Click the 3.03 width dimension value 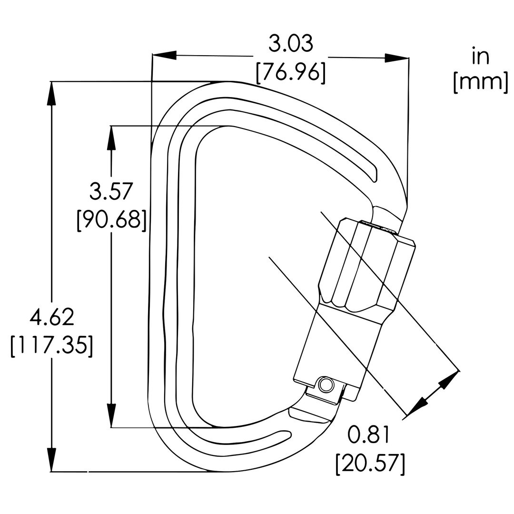pos(290,43)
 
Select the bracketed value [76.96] pos(291,72)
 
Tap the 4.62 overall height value pos(51,317)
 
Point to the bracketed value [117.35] pos(51,346)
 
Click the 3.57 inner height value pos(111,192)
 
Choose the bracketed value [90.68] pos(111,220)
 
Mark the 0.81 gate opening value pos(369,435)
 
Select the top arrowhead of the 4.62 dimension pos(51,93)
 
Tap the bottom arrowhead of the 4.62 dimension pos(51,460)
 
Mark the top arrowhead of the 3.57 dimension pos(111,138)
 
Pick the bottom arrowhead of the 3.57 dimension pos(111,415)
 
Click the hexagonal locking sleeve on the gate pos(366,264)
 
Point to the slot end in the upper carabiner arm pos(375,175)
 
